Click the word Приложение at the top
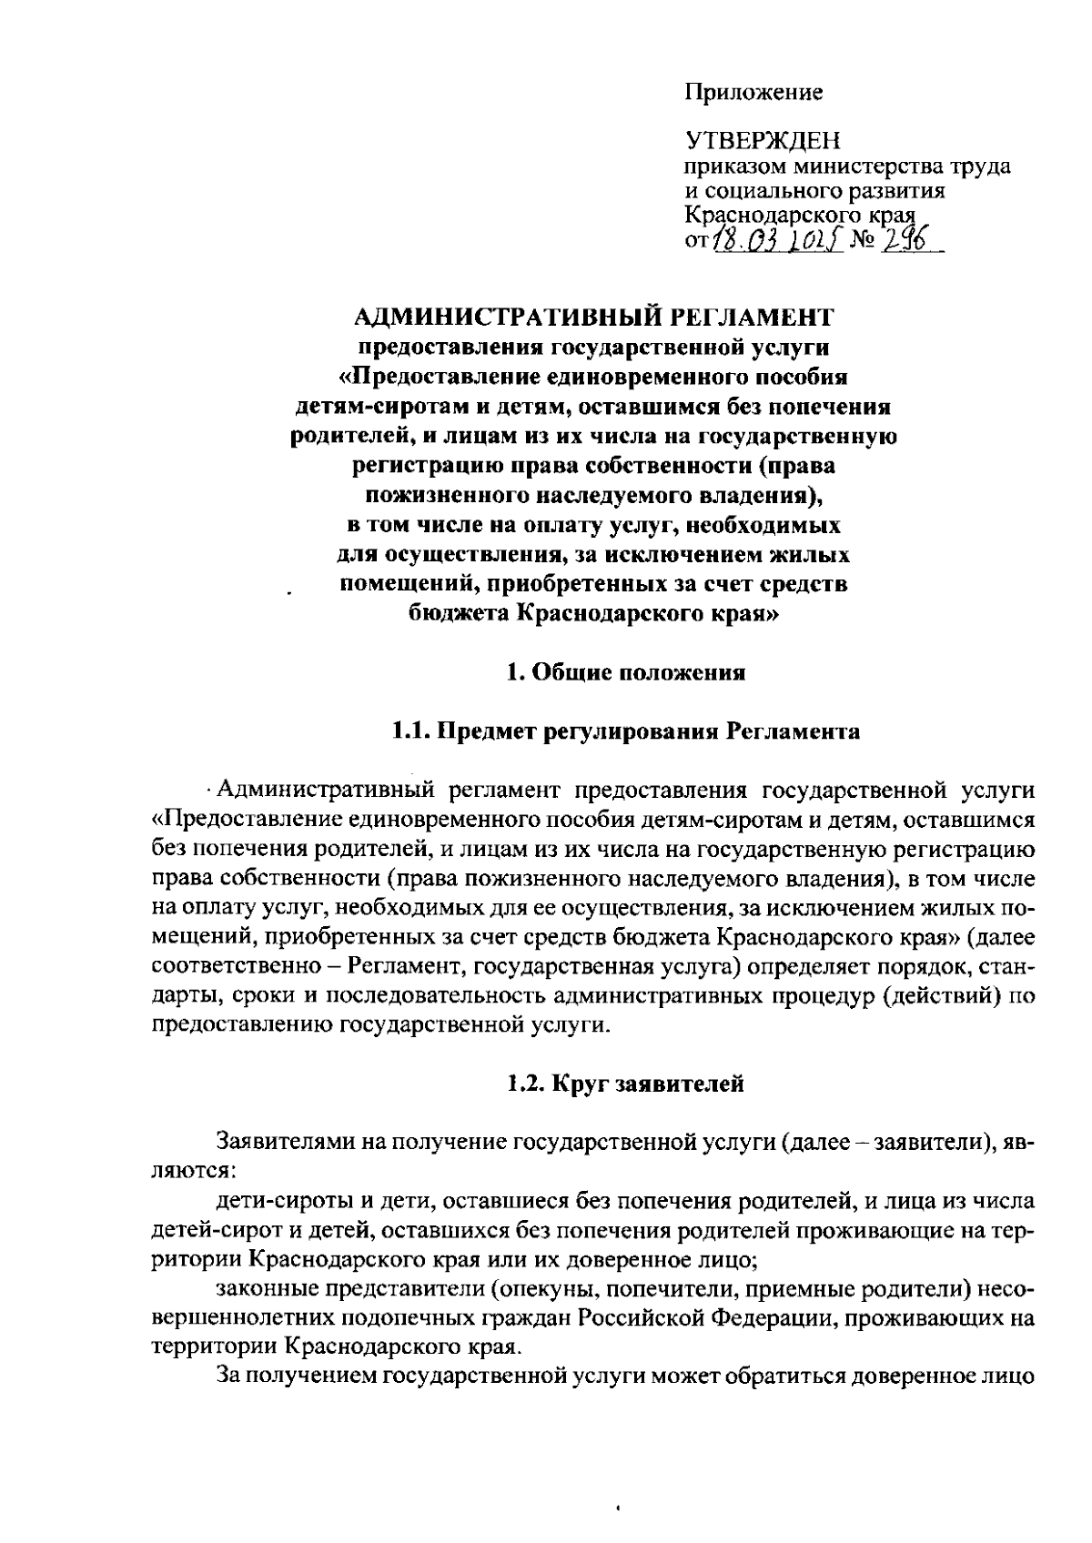click(753, 93)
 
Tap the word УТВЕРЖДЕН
click(763, 142)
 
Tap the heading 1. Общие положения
click(626, 673)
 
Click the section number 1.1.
click(410, 731)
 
